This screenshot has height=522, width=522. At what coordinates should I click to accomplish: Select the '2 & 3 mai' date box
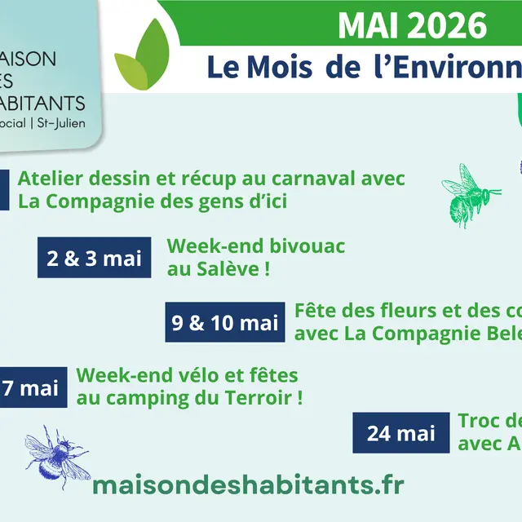(95, 259)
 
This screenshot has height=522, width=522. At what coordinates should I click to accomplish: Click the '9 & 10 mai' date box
(225, 322)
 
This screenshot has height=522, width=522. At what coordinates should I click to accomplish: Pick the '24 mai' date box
(401, 433)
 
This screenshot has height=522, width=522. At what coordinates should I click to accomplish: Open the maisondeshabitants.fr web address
(248, 484)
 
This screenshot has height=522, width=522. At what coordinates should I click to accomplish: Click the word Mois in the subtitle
(273, 67)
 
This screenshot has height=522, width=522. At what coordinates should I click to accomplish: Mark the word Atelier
(50, 179)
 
